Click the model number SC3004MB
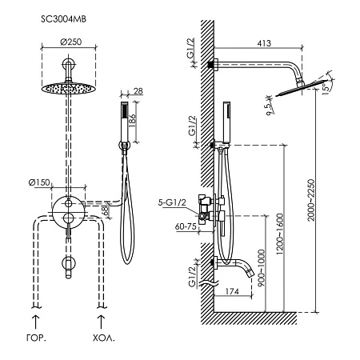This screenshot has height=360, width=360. pos(63,19)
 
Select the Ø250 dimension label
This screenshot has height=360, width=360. pos(70,42)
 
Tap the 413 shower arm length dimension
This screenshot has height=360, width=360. pos(264,43)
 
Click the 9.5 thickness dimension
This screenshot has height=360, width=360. pos(270,108)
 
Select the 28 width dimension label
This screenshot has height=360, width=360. pos(138,91)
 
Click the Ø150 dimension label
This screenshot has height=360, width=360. pos(39,182)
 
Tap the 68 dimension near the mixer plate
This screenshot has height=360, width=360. pos(106,210)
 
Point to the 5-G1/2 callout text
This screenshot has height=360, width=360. pos(172,202)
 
